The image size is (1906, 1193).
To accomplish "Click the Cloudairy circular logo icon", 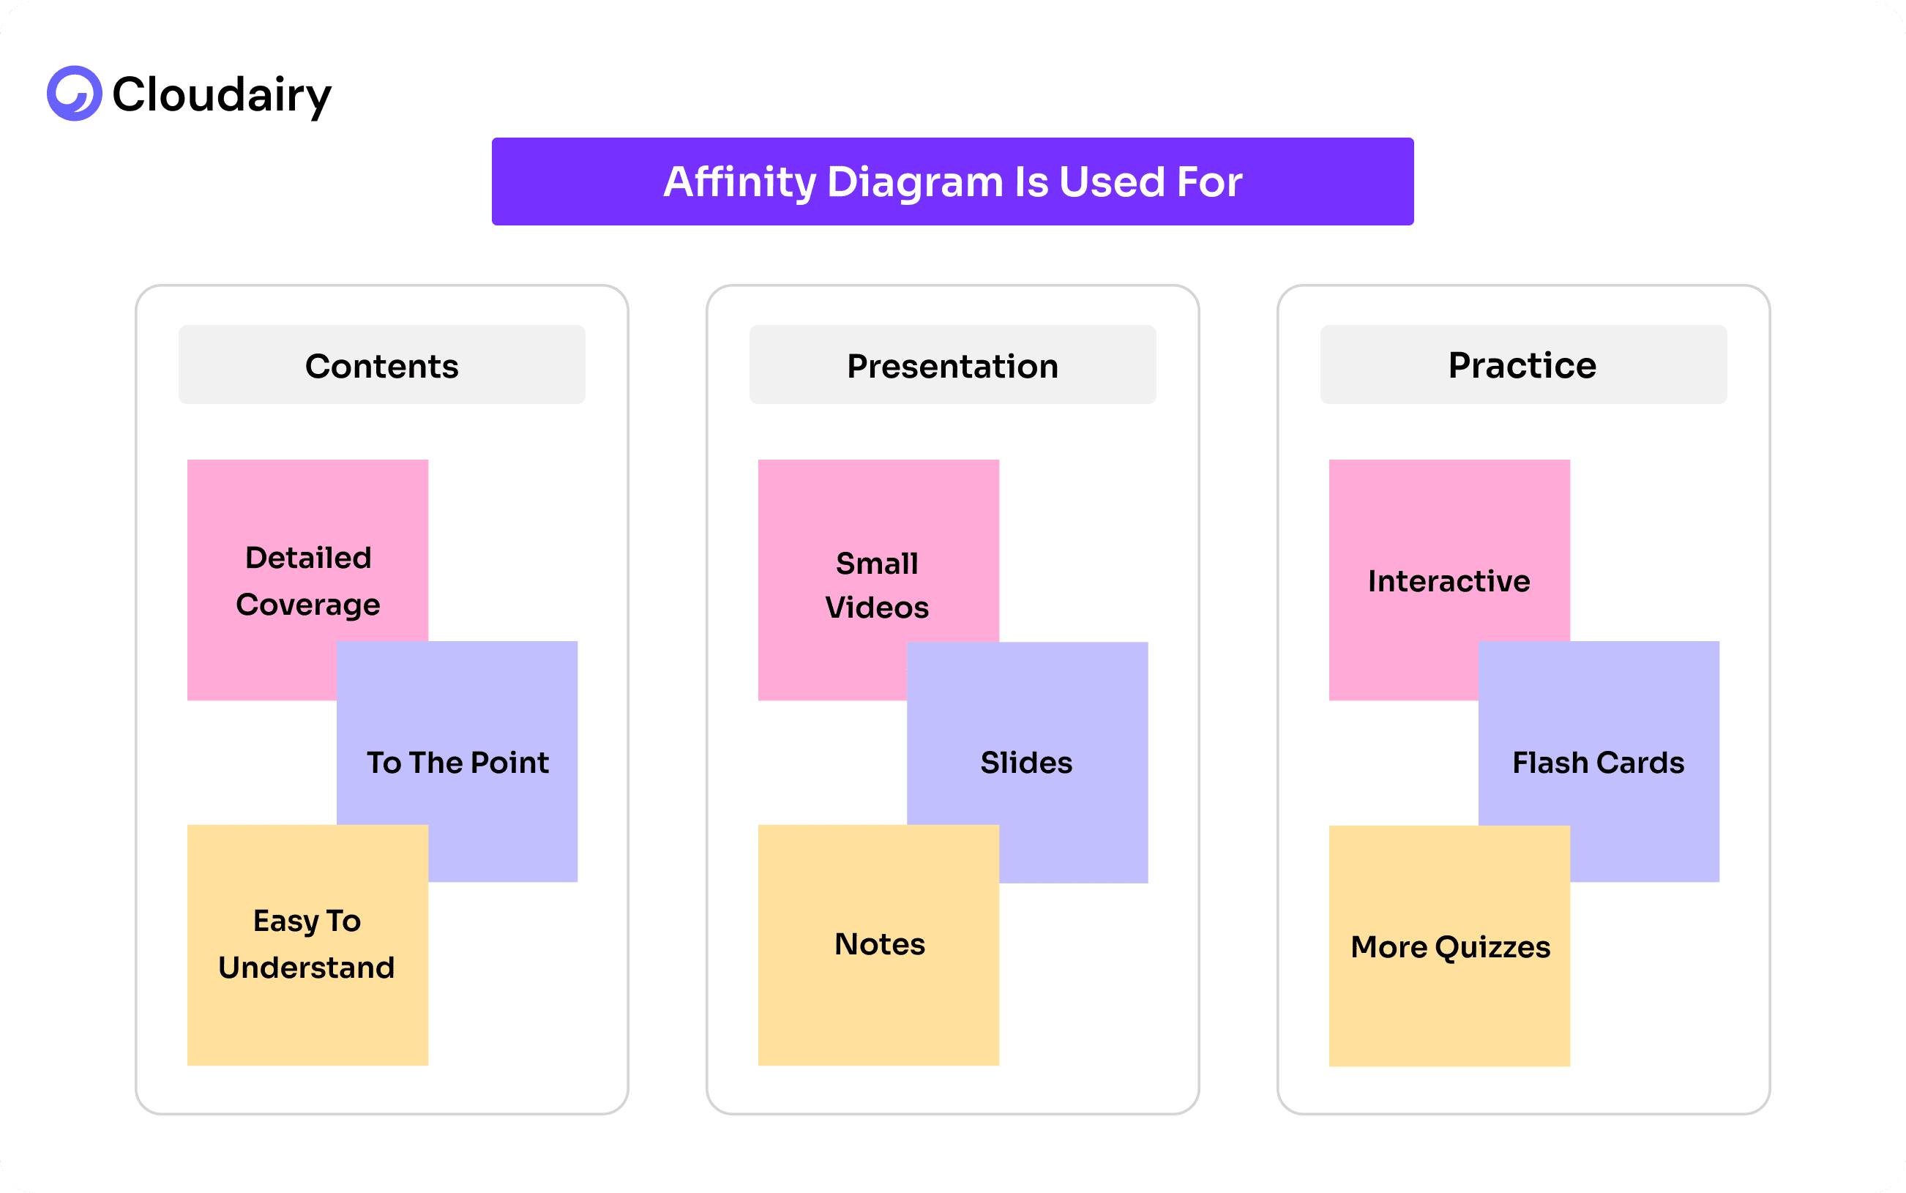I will point(74,93).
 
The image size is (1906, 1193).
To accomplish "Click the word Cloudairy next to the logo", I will point(222,94).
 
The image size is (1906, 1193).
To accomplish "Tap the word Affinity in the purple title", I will point(739,182).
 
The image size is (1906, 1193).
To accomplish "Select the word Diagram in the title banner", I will point(914,182).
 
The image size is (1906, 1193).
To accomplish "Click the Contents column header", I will point(382,366).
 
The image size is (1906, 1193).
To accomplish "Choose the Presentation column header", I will point(952,366).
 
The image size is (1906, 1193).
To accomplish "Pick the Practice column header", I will point(1522,365).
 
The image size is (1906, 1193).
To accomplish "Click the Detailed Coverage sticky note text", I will point(307,580).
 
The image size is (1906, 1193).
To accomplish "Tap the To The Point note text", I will point(457,762).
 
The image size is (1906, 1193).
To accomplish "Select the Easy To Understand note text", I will point(307,943).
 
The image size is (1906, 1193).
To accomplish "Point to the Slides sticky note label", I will point(1025,762).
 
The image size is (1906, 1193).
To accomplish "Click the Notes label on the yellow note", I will point(880,943).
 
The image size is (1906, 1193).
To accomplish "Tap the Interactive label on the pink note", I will point(1449,580).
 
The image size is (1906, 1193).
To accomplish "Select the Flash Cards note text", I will point(1598,762).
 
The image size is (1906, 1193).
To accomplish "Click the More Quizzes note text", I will point(1450,947).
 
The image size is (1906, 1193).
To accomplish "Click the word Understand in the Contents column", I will point(307,968).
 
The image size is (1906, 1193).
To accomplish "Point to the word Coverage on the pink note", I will point(307,605).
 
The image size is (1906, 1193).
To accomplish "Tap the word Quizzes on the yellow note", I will point(1492,947).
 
